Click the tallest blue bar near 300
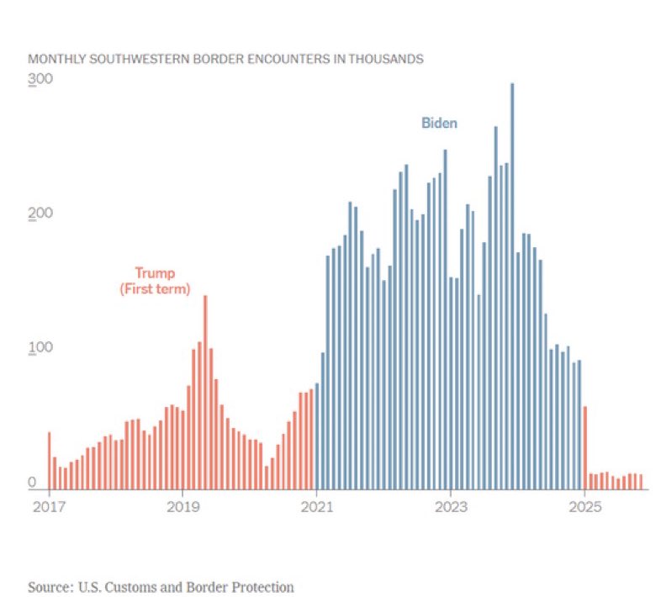pos(512,286)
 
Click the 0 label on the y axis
pos(32,482)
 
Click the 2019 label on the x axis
pos(183,508)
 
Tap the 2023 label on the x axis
pos(450,508)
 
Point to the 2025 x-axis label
pos(584,508)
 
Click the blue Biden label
pos(439,124)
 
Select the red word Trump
pos(155,272)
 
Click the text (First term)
pos(155,288)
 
